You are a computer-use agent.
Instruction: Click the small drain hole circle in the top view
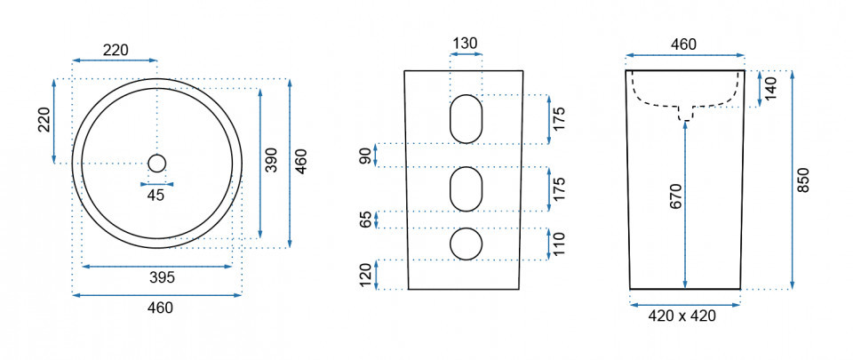point(156,164)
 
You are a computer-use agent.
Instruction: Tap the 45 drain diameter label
point(155,196)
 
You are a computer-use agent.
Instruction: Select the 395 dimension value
point(162,278)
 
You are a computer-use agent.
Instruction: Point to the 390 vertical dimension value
point(272,160)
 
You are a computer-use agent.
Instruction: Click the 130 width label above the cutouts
point(466,43)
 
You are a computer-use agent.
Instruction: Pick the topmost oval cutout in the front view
point(466,118)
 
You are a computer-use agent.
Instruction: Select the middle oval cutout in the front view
point(466,189)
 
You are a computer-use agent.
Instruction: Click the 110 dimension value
point(559,244)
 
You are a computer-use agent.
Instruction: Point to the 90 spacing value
point(365,156)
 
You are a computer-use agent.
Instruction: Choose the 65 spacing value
point(365,220)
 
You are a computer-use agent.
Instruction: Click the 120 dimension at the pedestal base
point(365,275)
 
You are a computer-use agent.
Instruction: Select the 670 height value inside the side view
point(675,196)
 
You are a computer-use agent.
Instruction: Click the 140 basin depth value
point(770,89)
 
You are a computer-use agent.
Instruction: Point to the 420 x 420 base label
point(682,316)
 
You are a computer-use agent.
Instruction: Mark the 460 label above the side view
point(683,44)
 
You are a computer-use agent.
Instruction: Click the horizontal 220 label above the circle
point(116,50)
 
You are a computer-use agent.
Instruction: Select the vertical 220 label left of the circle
point(44,120)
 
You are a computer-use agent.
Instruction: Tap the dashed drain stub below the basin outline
point(685,113)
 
